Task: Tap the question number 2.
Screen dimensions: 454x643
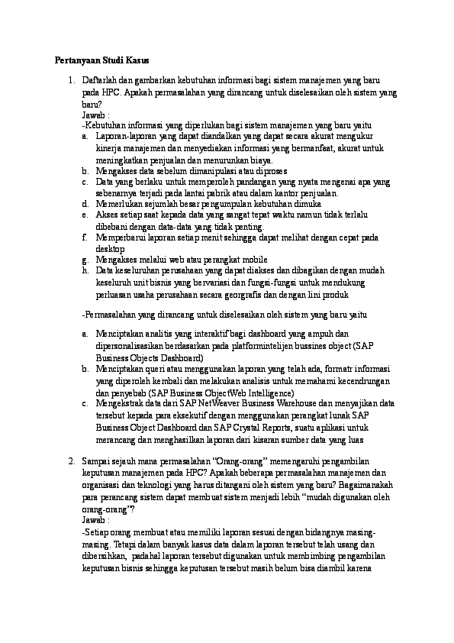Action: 69,462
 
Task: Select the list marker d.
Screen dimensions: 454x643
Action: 84,205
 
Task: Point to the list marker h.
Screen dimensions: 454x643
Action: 84,270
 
